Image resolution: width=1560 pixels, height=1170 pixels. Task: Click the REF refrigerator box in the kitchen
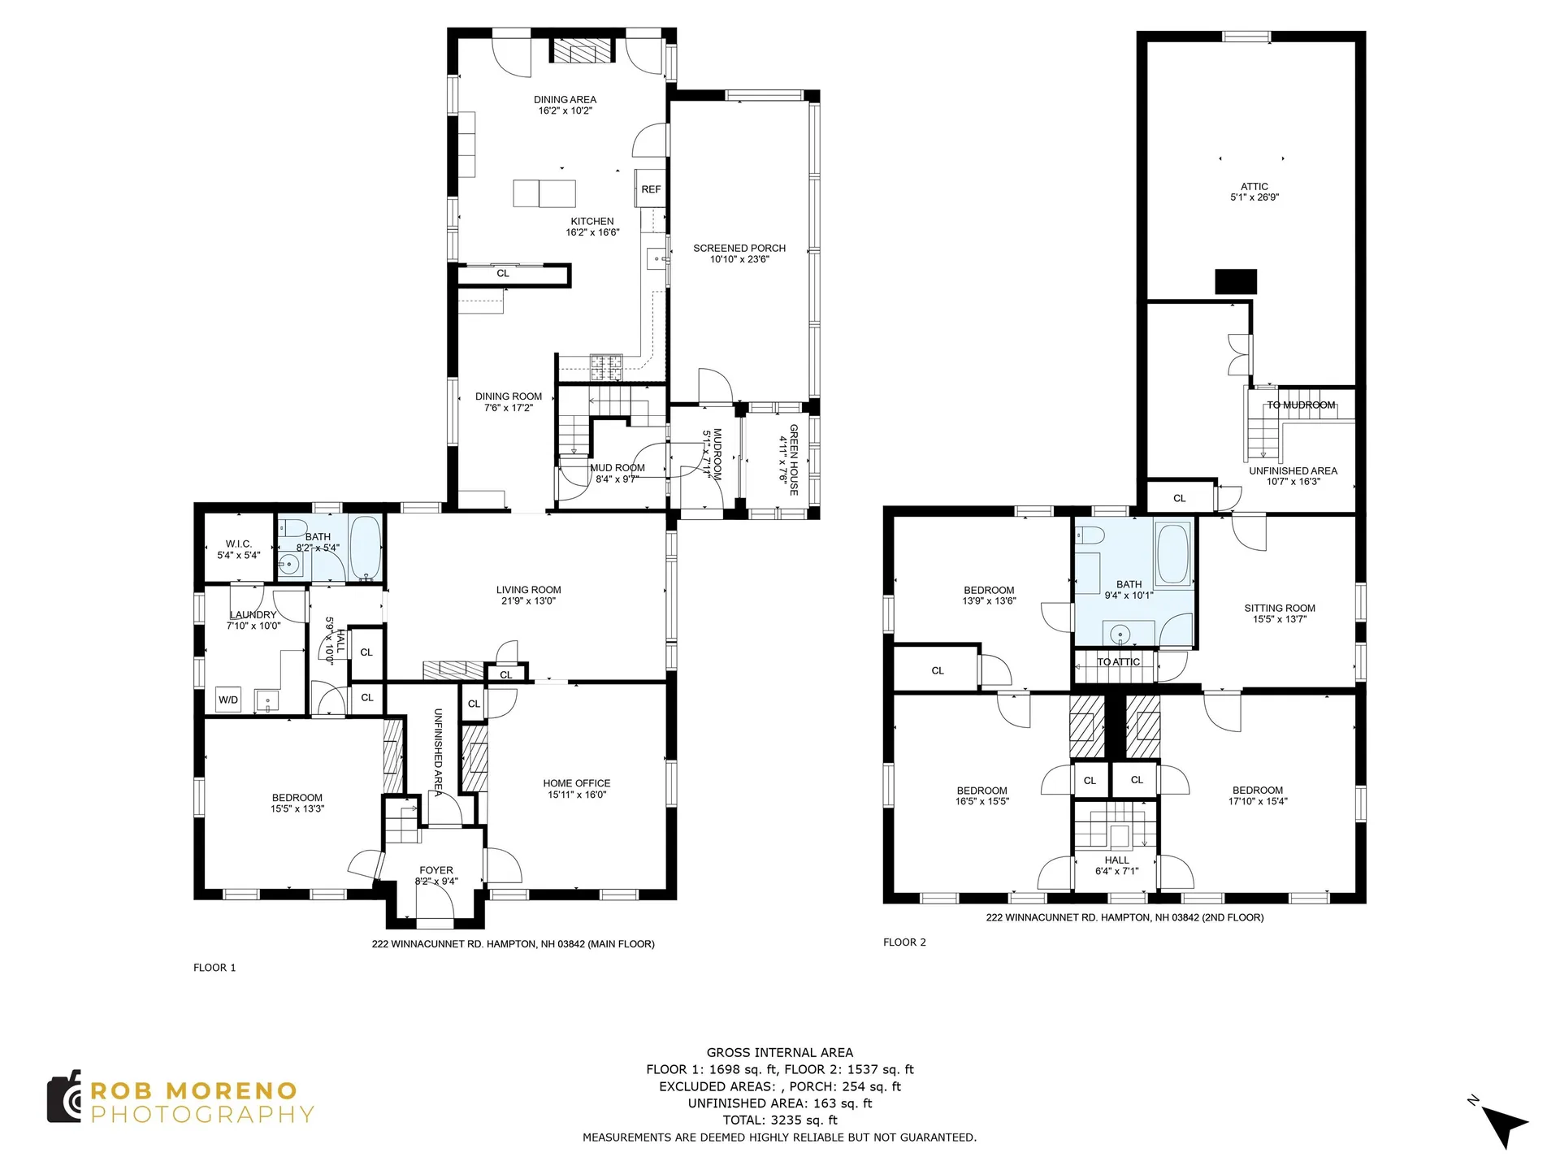pos(651,188)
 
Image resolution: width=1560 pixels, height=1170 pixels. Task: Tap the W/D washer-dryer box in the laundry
pos(228,700)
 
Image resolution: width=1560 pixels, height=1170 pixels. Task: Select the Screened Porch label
pos(739,249)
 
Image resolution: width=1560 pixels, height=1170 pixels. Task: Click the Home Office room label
pos(577,783)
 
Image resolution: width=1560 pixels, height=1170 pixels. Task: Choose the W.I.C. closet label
pos(239,544)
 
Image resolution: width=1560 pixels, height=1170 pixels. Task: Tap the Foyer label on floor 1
pos(436,870)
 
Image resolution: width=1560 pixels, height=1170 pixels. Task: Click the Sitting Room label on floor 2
pos(1280,608)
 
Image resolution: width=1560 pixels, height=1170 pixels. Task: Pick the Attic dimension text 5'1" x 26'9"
pos(1254,197)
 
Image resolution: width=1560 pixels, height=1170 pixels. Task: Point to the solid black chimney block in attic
pos(1236,281)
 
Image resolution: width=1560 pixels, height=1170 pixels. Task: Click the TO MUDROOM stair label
pos(1301,405)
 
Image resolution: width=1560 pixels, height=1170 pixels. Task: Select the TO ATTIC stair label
pos(1119,662)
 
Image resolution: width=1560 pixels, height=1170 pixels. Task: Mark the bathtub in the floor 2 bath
pos(1172,554)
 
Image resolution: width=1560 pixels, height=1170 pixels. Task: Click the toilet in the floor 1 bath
pos(291,527)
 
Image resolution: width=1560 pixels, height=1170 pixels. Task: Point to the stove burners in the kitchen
pos(605,367)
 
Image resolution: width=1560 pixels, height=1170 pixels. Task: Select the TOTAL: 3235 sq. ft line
pos(780,1120)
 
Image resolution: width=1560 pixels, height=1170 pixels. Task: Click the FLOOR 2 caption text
pos(904,942)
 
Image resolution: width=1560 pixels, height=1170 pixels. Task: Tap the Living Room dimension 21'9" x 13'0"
pos(528,601)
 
